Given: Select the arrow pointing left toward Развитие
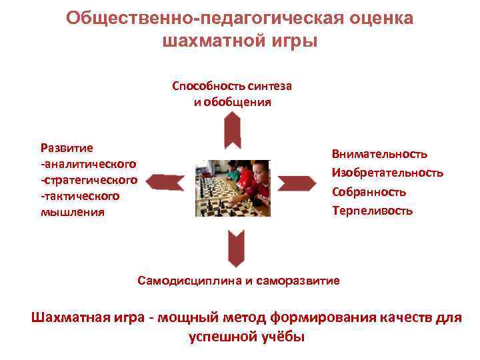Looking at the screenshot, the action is point(164,181).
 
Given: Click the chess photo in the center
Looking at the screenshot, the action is point(232,188).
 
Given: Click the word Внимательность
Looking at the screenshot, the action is point(379,154).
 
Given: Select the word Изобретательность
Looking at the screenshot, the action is point(387,173).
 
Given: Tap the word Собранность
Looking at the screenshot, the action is point(369,192).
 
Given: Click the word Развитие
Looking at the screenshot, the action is point(67,147).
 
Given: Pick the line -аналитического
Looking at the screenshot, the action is point(88,163).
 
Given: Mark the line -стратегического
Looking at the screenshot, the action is point(89,180).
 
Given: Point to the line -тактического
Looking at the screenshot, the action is point(80,196).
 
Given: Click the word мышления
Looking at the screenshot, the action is point(72,212).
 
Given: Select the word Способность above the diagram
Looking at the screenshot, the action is point(209,86).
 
